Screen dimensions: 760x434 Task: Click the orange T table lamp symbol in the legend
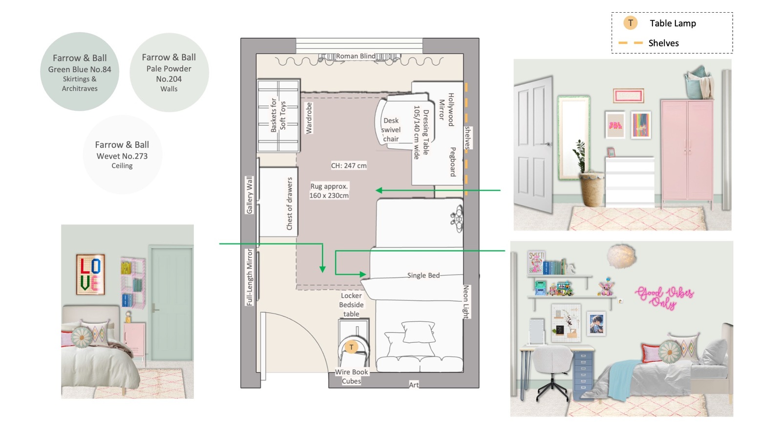click(630, 23)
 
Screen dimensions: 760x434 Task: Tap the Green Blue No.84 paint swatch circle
click(80, 72)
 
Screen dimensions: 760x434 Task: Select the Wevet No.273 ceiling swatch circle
click(122, 155)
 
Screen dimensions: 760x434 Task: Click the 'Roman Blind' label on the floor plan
click(356, 56)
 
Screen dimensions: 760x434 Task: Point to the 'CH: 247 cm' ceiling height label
click(349, 166)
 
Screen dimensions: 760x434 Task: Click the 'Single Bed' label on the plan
click(423, 276)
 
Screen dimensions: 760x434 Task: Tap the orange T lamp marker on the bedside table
click(352, 347)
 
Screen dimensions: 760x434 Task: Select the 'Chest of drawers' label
click(290, 204)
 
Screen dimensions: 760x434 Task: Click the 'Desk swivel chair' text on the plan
click(391, 130)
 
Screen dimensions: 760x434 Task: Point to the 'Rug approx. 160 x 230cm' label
click(329, 191)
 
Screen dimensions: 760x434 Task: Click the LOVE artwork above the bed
click(90, 275)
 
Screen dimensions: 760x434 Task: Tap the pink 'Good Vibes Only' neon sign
click(664, 297)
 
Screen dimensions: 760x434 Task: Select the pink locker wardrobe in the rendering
click(687, 151)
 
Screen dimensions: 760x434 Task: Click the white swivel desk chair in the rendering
click(552, 373)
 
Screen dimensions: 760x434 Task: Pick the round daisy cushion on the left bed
click(82, 337)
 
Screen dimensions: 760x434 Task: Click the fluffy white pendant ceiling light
click(621, 256)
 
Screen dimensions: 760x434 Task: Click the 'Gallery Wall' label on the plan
click(250, 195)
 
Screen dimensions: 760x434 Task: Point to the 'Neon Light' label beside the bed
click(466, 301)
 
